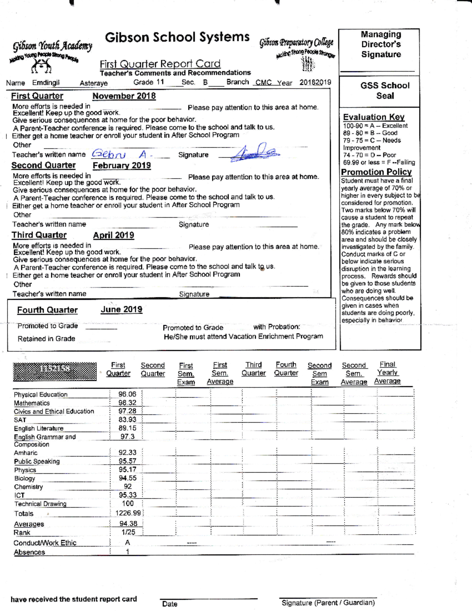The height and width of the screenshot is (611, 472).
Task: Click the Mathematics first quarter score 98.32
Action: [127, 402]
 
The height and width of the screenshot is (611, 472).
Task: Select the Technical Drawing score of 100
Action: [128, 503]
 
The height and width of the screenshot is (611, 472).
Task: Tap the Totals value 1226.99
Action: [128, 513]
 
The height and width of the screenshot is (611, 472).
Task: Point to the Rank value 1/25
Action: [128, 532]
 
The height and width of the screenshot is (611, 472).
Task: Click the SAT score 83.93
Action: [127, 419]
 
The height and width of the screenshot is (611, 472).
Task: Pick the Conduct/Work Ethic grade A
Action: [127, 543]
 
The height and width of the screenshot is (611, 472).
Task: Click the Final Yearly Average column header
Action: [387, 373]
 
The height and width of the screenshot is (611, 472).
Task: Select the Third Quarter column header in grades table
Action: [254, 369]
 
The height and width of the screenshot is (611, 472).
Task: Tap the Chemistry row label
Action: [28, 487]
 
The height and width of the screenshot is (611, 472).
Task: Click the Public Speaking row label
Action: [37, 461]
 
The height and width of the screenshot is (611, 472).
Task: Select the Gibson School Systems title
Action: [177, 37]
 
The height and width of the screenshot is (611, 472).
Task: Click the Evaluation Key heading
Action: [374, 117]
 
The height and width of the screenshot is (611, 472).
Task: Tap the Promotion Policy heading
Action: [376, 172]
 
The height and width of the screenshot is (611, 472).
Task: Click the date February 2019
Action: [122, 165]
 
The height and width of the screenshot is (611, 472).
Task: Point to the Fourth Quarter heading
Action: [47, 310]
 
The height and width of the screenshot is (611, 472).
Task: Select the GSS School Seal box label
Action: [385, 90]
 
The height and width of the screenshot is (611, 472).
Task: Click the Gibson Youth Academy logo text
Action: [53, 46]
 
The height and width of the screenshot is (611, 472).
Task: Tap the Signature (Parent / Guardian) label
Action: [328, 602]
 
